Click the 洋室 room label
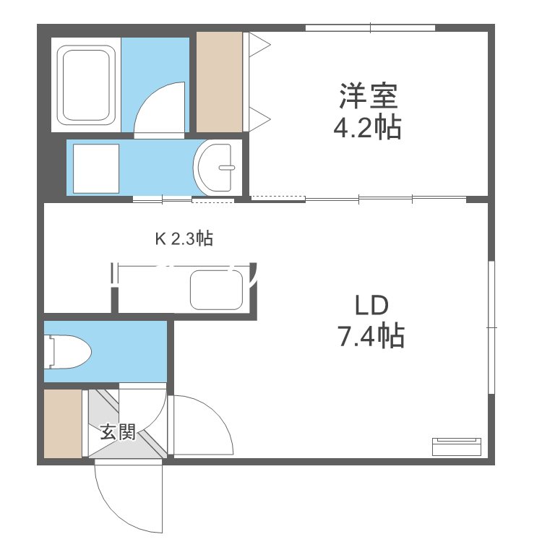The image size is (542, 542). pos(367,95)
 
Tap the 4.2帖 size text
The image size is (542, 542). pos(367,127)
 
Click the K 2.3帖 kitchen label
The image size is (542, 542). pos(184,239)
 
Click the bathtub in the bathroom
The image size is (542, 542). pos(88,85)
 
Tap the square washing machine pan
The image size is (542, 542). pos(95,168)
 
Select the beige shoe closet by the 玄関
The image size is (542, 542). pos(63,423)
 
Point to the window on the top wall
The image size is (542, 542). pos(370,28)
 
